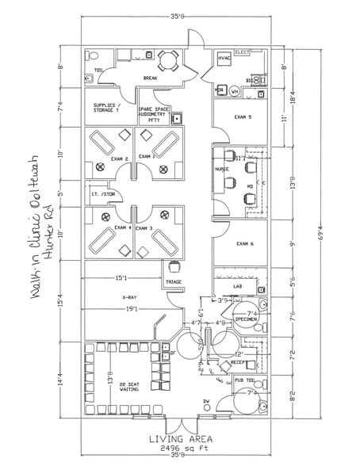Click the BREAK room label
tap(150, 78)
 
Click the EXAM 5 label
tap(243, 116)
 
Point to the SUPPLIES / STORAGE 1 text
tap(105, 109)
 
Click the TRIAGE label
tap(174, 282)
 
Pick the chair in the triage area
tap(174, 267)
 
